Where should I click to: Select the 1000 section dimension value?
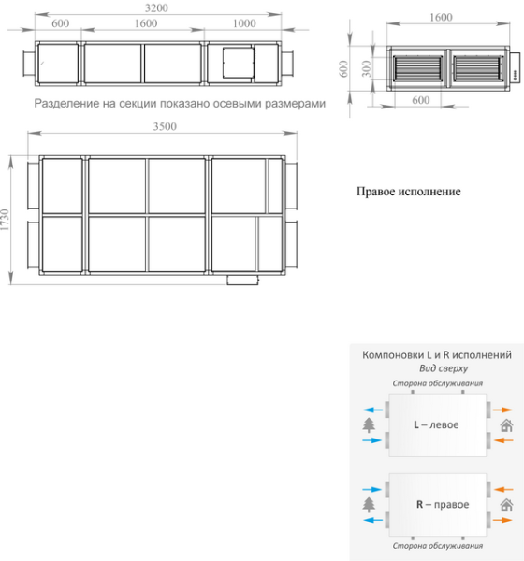tap(244, 23)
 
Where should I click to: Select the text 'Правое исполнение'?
tap(409, 192)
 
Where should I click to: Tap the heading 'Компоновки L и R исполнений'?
tap(436, 355)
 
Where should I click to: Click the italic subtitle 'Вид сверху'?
tap(436, 368)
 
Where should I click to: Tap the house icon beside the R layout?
tap(506, 505)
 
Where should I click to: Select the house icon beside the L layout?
tap(506, 425)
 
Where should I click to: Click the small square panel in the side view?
tap(238, 62)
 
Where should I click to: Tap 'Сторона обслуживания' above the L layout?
tap(436, 383)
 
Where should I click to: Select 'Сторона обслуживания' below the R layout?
tap(436, 545)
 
